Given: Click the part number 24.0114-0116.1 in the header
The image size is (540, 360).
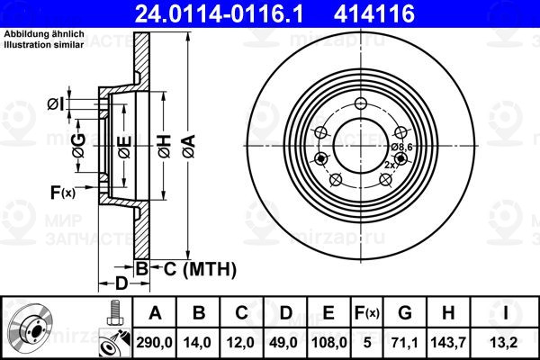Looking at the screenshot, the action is (219, 13).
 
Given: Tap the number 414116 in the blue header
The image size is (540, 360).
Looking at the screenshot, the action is (374, 13).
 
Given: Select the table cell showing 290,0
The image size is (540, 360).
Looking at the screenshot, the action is (154, 343).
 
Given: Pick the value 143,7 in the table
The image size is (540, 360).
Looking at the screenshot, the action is (448, 343).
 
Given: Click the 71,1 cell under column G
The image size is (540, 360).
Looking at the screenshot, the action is (405, 343).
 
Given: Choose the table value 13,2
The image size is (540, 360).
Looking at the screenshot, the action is (505, 343).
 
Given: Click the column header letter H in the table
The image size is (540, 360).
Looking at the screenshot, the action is (448, 313).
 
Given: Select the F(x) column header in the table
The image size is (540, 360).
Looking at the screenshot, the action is (367, 313).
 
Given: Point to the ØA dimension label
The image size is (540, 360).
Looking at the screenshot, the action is (189, 147).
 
